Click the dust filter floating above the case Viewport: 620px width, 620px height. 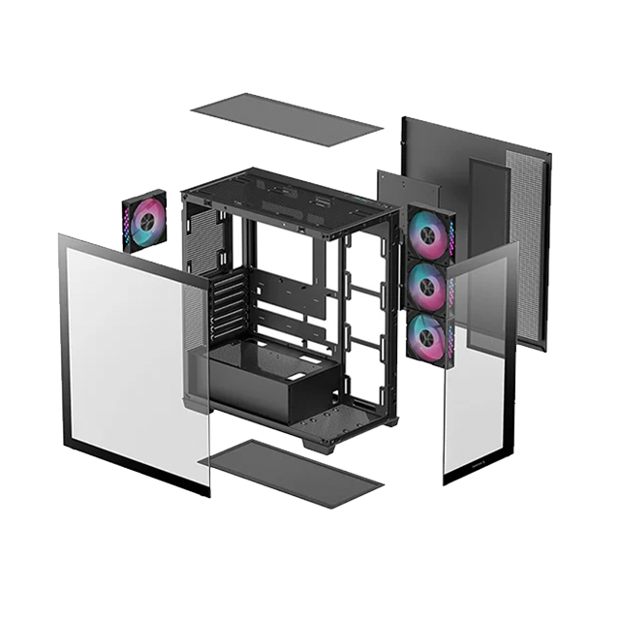click(287, 119)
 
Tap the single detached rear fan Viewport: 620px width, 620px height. click(143, 222)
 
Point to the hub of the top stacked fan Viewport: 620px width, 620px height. click(427, 234)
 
